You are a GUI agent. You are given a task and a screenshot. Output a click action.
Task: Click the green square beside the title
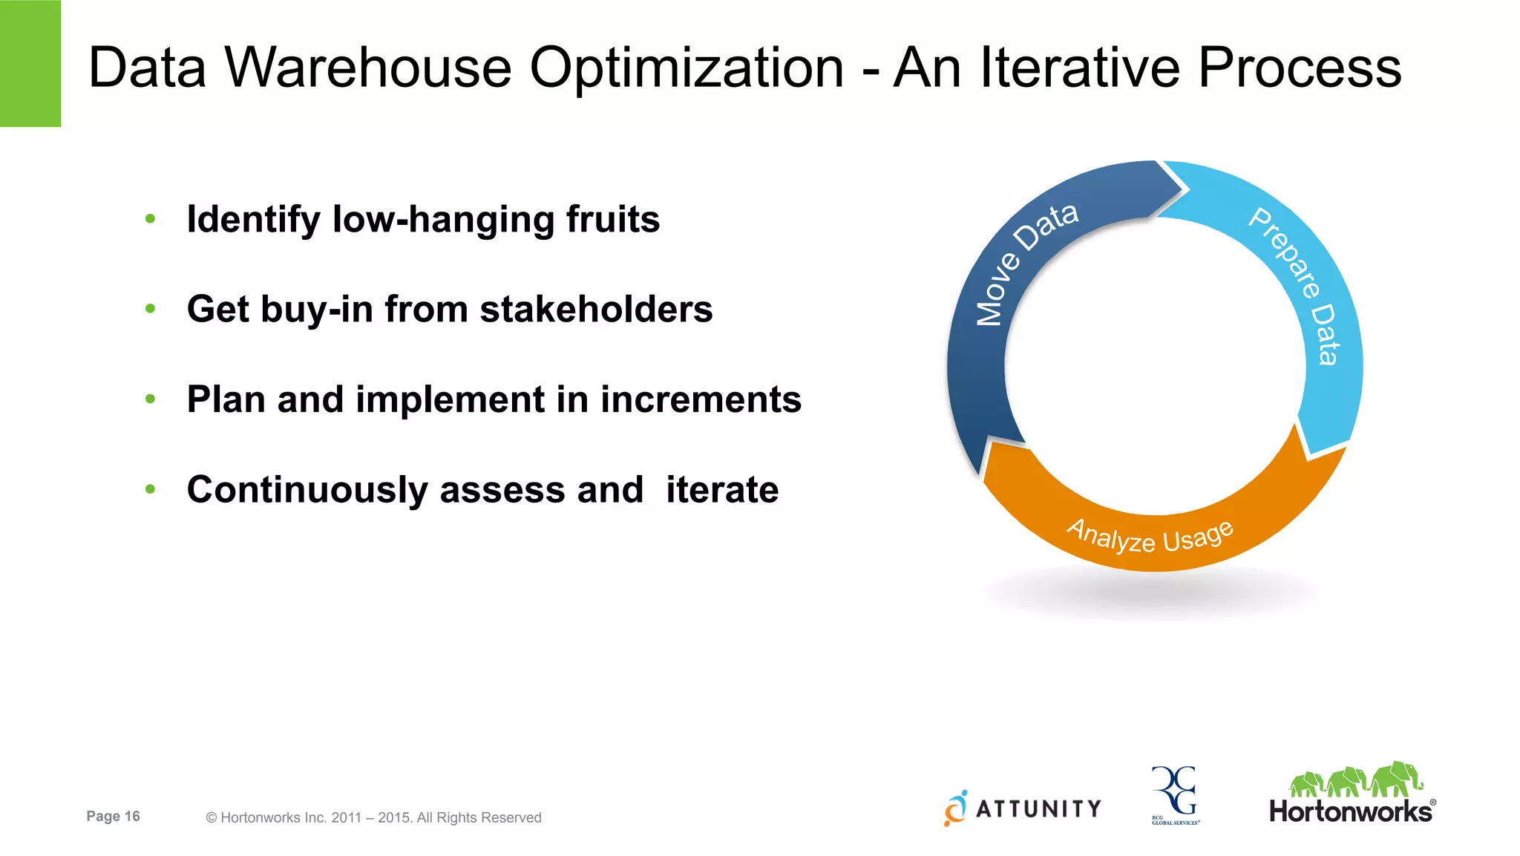click(30, 63)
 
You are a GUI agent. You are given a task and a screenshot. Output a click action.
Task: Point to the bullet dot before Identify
click(151, 219)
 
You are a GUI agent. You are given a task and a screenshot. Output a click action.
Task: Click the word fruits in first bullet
click(612, 220)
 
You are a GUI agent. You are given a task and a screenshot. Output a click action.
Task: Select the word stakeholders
click(596, 310)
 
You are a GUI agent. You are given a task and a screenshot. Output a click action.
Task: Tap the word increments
click(701, 399)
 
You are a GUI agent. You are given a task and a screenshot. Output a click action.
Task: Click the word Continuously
click(307, 491)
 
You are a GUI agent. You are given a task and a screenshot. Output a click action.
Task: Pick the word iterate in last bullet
click(721, 490)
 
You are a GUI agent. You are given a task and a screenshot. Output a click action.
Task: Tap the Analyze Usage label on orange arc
click(1150, 535)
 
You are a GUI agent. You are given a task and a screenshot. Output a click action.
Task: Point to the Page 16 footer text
click(113, 816)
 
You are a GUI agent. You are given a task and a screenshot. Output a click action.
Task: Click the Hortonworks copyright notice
click(373, 817)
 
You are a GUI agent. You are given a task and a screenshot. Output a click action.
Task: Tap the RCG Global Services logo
click(1175, 795)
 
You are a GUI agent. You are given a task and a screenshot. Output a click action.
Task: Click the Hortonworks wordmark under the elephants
click(1351, 811)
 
